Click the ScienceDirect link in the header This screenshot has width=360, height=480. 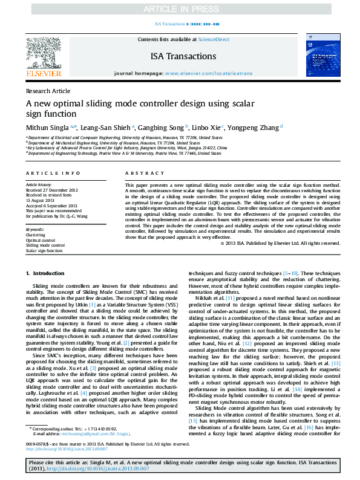click(214, 39)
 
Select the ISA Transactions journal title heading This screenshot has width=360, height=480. click(183, 56)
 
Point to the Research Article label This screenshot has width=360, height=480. click(48, 91)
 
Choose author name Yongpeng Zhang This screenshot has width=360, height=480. click(254, 128)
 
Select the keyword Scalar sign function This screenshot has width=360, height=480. click(44, 250)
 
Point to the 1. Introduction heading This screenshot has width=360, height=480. click(44, 274)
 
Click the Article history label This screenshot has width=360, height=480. click(39, 183)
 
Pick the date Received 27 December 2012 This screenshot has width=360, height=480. click(51, 189)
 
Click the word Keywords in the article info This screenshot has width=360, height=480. click(35, 230)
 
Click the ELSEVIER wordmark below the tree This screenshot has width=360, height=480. click(43, 74)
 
